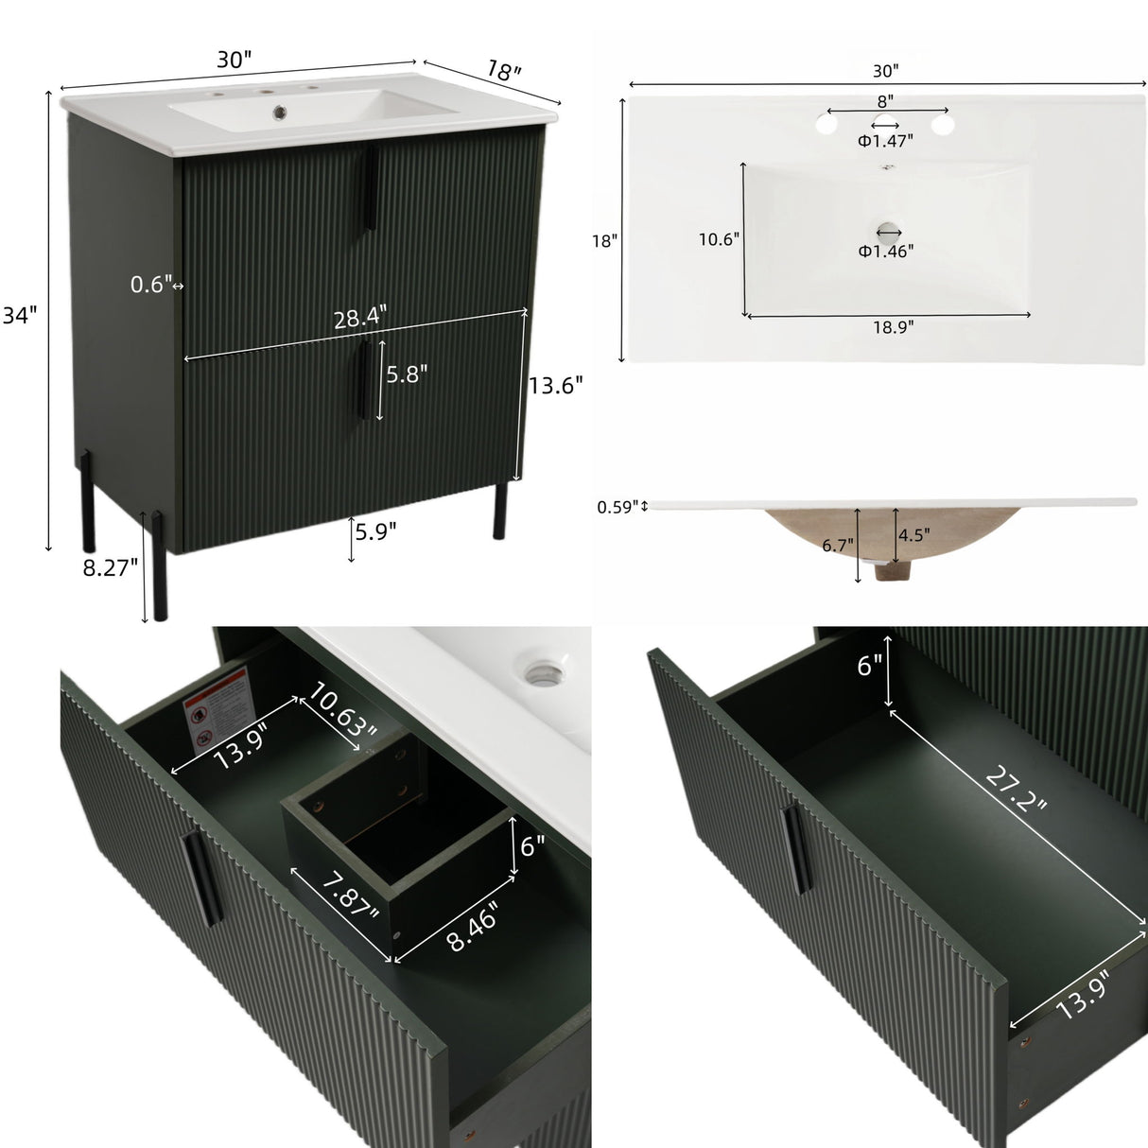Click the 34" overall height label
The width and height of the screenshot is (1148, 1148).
click(19, 317)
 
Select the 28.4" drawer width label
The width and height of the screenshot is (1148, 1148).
click(360, 319)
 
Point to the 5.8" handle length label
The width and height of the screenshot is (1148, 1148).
click(407, 374)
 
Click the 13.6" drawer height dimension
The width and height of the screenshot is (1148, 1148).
click(555, 385)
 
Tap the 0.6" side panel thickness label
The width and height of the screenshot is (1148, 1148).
click(151, 284)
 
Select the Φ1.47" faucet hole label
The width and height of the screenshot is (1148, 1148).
click(885, 141)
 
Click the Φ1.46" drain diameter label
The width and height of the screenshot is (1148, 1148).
click(885, 251)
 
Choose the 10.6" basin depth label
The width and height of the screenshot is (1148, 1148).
click(719, 239)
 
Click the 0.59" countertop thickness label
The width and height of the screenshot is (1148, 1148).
click(617, 507)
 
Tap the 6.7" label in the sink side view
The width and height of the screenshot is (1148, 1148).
click(838, 545)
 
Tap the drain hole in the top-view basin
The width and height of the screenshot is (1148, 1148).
click(887, 230)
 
